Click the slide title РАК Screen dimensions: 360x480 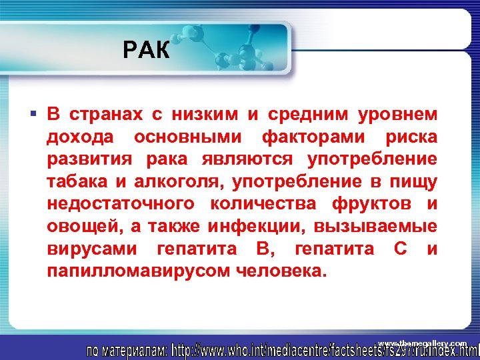[x=147, y=49]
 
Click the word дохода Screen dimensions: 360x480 [x=80, y=137]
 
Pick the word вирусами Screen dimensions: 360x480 [x=93, y=249]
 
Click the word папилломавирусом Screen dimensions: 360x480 [x=137, y=272]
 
